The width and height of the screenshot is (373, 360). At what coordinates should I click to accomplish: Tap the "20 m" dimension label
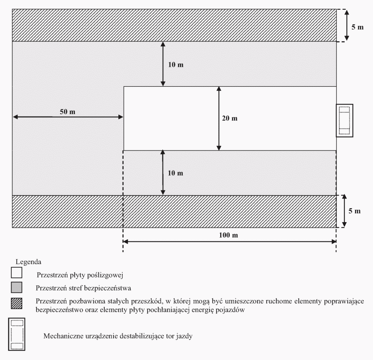(x=230, y=118)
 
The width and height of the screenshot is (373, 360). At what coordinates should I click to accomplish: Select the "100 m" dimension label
(x=230, y=235)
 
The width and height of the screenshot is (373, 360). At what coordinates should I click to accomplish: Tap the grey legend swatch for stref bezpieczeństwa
(x=16, y=288)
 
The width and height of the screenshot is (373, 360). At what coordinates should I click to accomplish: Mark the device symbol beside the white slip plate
(x=345, y=120)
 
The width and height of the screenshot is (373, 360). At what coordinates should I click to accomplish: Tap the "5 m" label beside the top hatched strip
(x=358, y=27)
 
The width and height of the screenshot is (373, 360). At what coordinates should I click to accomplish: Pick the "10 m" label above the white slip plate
(x=175, y=65)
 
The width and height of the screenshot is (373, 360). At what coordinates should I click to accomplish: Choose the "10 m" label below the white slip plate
(x=175, y=173)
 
